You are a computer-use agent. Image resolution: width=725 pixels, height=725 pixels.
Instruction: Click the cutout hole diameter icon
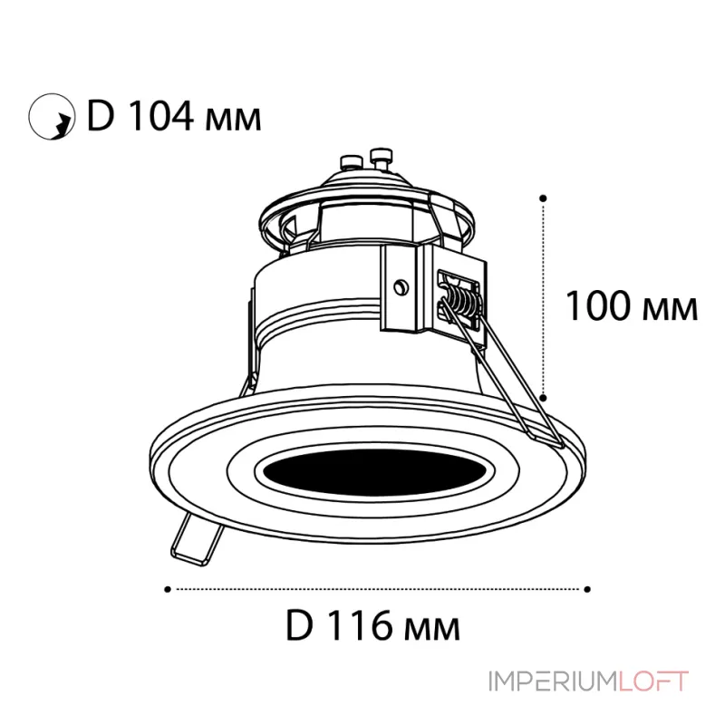tap(52, 117)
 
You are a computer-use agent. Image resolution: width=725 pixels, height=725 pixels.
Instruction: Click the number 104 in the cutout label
tap(160, 116)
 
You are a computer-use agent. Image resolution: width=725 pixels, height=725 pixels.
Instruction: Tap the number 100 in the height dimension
tap(598, 305)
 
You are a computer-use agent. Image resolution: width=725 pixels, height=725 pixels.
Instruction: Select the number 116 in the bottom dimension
tap(361, 625)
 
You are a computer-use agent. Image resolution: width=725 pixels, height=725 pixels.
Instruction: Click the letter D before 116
tap(300, 625)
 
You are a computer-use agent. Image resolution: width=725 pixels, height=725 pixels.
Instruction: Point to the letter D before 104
tap(101, 116)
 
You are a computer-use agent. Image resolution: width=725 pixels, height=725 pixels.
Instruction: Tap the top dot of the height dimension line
tap(543, 198)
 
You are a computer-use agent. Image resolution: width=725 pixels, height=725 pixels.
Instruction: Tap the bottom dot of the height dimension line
tap(544, 398)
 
